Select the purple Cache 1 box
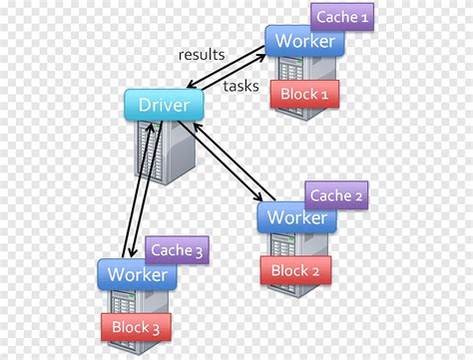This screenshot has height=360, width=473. click(x=342, y=18)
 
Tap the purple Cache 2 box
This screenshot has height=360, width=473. click(x=336, y=195)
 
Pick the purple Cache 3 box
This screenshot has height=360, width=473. click(x=176, y=251)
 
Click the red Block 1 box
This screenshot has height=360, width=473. click(x=303, y=94)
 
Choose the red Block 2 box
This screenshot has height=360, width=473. click(x=295, y=269)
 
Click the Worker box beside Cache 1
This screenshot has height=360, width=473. click(x=304, y=42)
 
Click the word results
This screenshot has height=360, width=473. click(x=202, y=54)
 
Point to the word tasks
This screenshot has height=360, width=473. click(x=240, y=86)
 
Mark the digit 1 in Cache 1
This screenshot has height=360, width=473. click(x=364, y=18)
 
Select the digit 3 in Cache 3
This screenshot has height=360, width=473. click(x=199, y=251)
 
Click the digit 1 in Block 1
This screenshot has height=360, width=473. click(x=325, y=94)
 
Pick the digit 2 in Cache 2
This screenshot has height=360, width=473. click(x=359, y=195)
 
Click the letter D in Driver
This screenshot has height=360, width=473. click(x=143, y=103)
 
